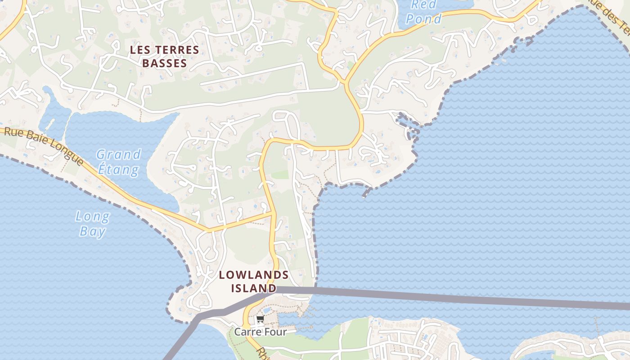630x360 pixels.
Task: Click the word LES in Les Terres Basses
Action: point(140,50)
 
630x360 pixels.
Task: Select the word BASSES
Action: point(164,63)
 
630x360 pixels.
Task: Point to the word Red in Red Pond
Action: point(424,5)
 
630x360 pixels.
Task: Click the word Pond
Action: point(423,19)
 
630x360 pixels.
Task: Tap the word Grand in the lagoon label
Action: point(118,155)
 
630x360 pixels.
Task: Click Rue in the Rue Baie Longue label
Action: point(14,132)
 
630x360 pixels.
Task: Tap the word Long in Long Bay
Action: point(92,217)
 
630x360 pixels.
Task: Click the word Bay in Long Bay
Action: point(92,232)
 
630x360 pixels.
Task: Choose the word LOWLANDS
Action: point(254,275)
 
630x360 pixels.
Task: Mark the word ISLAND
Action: point(254,288)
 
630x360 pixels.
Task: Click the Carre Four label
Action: point(260,332)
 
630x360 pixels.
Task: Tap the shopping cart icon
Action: point(260,320)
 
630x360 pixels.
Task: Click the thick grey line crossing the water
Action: point(450,297)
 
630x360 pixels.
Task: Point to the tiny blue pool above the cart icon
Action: point(267,310)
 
